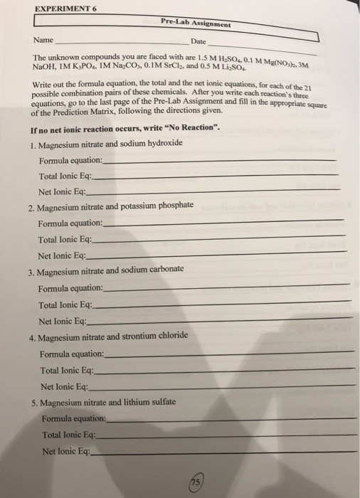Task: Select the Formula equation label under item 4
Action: point(72,354)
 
